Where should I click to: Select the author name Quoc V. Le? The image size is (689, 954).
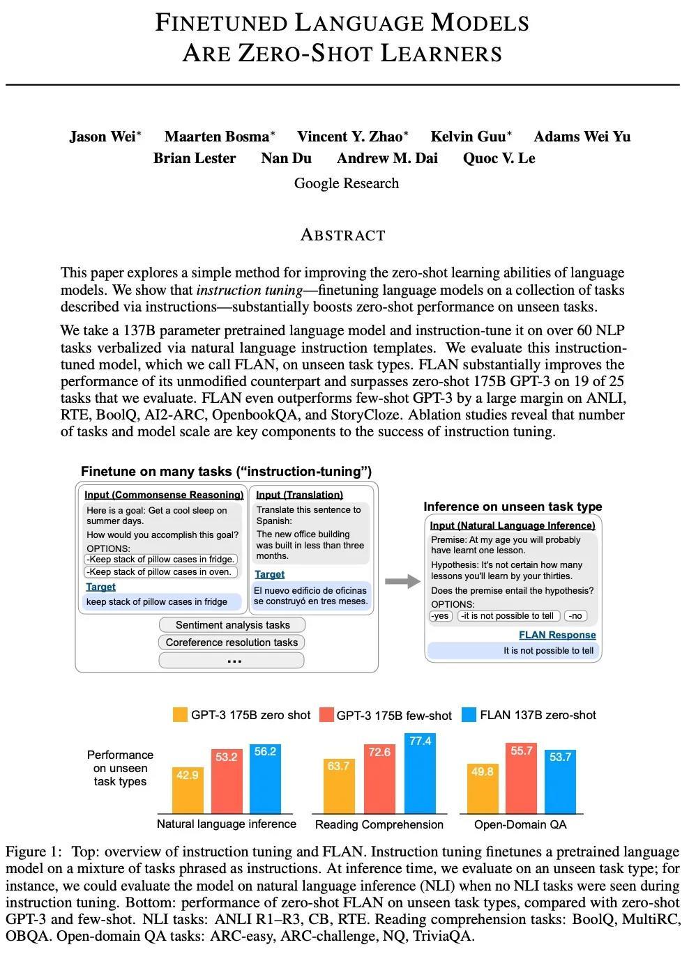[499, 158]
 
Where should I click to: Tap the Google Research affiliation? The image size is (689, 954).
[346, 183]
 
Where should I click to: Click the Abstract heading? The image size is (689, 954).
[342, 235]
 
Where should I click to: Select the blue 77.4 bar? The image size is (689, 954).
[420, 774]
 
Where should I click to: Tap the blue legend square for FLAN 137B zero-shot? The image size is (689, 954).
[469, 715]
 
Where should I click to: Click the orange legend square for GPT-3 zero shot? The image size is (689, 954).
[180, 715]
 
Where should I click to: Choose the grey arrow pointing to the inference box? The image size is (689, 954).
[402, 581]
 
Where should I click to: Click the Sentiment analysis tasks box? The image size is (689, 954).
[232, 625]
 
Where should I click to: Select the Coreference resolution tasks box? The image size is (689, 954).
[232, 643]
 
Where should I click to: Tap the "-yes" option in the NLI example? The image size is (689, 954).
[441, 616]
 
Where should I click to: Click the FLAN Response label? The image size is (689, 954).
[557, 635]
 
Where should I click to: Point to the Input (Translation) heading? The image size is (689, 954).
[299, 495]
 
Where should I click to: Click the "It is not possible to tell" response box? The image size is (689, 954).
[513, 651]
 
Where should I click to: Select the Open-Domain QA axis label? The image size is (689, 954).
[520, 824]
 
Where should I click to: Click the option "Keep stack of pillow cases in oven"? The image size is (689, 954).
[160, 572]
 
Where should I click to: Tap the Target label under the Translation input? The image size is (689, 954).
[269, 574]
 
